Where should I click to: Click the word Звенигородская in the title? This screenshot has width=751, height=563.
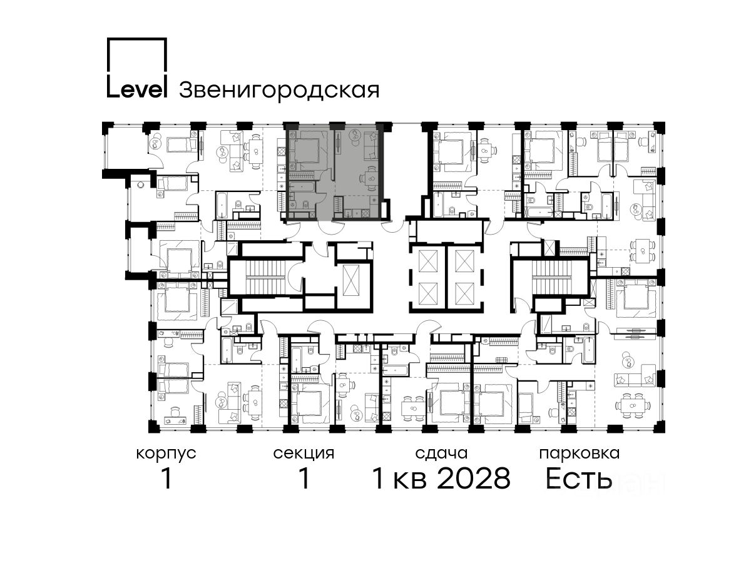click(279, 90)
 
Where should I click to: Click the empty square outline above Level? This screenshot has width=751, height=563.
click(137, 56)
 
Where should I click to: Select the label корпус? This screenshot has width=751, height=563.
click(166, 454)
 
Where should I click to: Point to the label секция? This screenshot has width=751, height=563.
click(304, 454)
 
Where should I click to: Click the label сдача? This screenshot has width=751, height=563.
click(441, 454)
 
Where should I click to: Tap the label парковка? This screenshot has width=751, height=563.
click(580, 454)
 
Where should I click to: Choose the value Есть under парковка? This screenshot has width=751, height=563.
click(578, 479)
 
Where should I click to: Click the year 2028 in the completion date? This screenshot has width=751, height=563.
click(474, 479)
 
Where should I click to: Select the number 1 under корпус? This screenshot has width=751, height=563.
click(166, 479)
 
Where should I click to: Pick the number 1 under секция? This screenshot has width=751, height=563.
click(304, 479)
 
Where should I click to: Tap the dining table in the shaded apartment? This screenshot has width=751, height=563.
click(369, 178)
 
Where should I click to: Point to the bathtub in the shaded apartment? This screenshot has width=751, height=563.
click(300, 186)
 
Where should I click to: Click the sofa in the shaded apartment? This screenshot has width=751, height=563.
click(370, 148)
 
